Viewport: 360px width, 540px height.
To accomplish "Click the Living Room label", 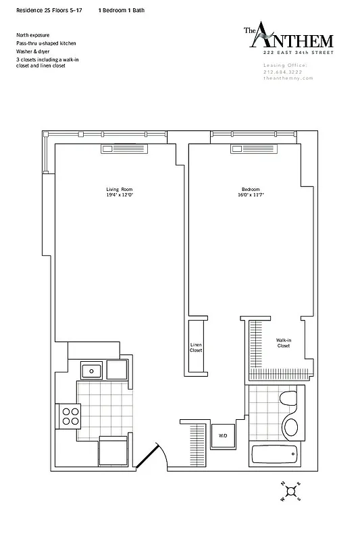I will click(112, 189).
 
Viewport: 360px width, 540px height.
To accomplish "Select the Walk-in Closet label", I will click(284, 343).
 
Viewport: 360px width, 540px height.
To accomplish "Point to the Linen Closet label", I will click(196, 348).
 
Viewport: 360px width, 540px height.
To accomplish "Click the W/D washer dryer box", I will click(222, 436).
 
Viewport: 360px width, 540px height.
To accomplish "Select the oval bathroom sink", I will click(291, 427).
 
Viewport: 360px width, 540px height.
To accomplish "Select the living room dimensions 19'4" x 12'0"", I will click(112, 196).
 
